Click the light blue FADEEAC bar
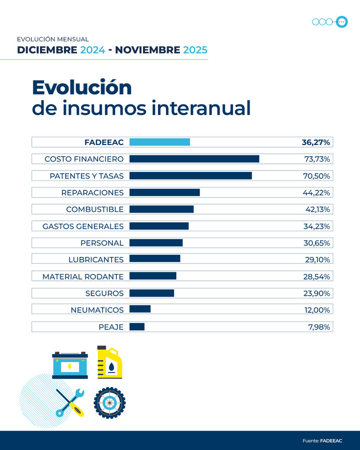coord(159,142)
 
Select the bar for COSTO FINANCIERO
coord(194,159)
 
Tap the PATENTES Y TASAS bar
coord(190,175)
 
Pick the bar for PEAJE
coord(137,327)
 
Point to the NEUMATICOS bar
coord(140,310)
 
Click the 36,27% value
coord(316,142)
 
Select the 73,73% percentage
coord(317,159)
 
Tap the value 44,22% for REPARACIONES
coord(317,193)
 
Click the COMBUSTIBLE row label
coord(94,209)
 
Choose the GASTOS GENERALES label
coord(83,226)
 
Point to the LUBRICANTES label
coord(96,260)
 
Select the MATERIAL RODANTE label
coord(83,277)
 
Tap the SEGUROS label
coord(104,293)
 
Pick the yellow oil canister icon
coord(110,362)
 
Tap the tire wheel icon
coord(109,402)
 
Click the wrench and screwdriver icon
coord(70,402)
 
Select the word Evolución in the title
coord(81,87)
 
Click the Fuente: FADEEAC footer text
coord(322,441)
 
